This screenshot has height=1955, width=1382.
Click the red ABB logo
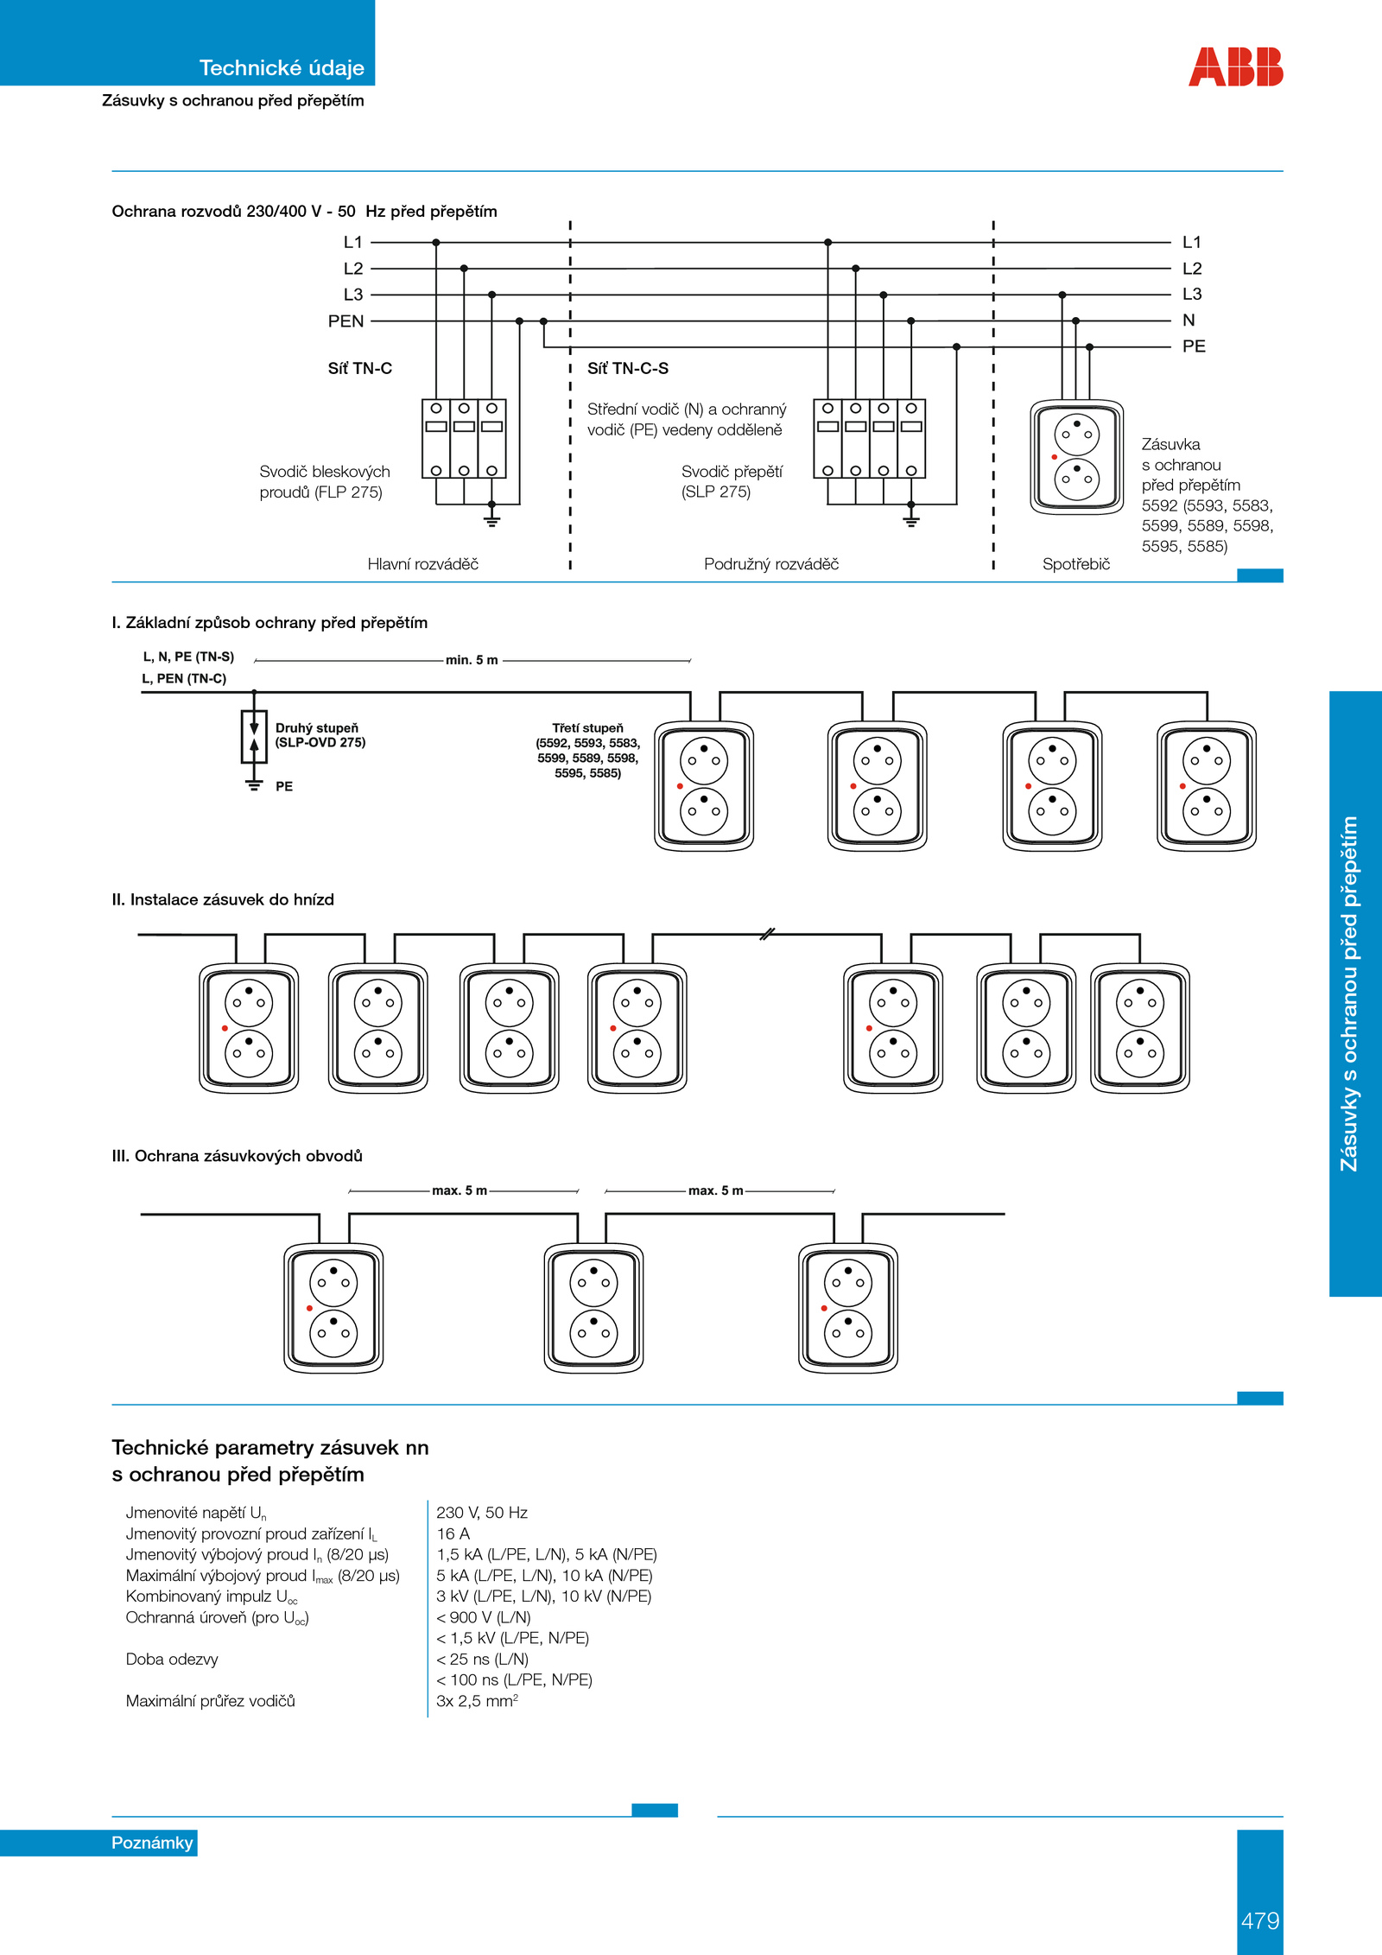pyautogui.click(x=1235, y=67)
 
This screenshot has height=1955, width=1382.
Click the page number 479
pyautogui.click(x=1260, y=1920)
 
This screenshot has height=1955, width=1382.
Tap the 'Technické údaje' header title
pyautogui.click(x=282, y=67)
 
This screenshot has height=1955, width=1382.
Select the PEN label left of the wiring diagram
pyautogui.click(x=345, y=321)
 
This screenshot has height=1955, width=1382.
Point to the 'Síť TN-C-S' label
pyautogui.click(x=628, y=368)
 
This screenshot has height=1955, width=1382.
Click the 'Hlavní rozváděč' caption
pyautogui.click(x=422, y=564)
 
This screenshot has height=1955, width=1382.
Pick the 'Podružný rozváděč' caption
pyautogui.click(x=771, y=564)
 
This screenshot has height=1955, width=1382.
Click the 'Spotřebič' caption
pyautogui.click(x=1076, y=564)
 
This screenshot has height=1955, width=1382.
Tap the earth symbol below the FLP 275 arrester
pyautogui.click(x=491, y=520)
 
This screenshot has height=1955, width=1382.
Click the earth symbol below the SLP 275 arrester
pyautogui.click(x=910, y=520)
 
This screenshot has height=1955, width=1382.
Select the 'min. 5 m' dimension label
pyautogui.click(x=472, y=660)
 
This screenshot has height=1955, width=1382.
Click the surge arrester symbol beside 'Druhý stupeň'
pyautogui.click(x=254, y=736)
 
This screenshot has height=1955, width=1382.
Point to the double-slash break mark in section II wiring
pyautogui.click(x=767, y=934)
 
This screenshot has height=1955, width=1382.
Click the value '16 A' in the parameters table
pyautogui.click(x=453, y=1533)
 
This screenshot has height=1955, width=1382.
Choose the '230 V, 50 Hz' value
pyautogui.click(x=482, y=1513)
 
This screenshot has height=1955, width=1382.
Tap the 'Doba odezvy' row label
pyautogui.click(x=172, y=1659)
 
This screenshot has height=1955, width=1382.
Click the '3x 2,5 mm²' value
pyautogui.click(x=477, y=1700)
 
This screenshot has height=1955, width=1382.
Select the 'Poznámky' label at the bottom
pyautogui.click(x=152, y=1843)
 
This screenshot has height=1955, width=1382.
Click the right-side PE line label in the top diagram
pyautogui.click(x=1194, y=346)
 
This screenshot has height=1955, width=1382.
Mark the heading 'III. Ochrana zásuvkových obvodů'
pyautogui.click(x=237, y=1156)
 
